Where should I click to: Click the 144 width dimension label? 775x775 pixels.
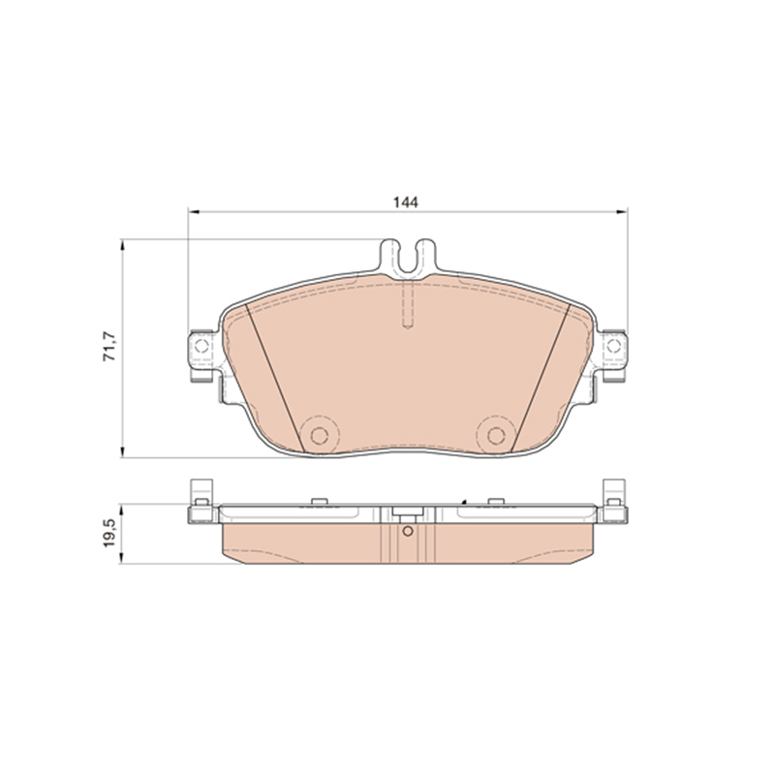tap(405, 202)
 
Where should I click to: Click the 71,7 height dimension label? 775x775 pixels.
tap(109, 347)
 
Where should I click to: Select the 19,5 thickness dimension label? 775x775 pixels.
tap(109, 532)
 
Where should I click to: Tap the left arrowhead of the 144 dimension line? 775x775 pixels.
tap(193, 212)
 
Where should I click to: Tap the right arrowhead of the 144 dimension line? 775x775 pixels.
tap(622, 212)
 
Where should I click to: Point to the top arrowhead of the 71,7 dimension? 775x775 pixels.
tap(122, 245)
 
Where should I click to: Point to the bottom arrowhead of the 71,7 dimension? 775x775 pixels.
tap(122, 452)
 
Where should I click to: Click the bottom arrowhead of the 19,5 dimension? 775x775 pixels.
tap(121, 559)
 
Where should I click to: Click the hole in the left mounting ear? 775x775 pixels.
tap(201, 346)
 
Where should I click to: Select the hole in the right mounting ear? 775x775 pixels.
tap(613, 346)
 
